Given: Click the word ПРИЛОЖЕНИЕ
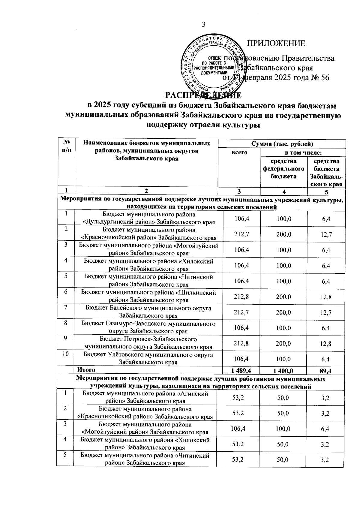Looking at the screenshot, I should [x=276, y=44].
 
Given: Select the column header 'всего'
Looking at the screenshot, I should [x=239, y=152].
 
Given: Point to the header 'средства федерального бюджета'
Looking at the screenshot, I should [x=283, y=169].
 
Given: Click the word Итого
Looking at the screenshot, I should [x=86, y=370].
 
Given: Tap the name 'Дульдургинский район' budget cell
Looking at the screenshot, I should [x=149, y=218].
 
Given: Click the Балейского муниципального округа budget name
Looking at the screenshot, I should [x=148, y=312].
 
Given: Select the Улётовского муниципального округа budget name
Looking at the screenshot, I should [x=148, y=359].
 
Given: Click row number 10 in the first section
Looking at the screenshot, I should [x=66, y=354].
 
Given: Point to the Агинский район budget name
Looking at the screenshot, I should [x=145, y=397].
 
